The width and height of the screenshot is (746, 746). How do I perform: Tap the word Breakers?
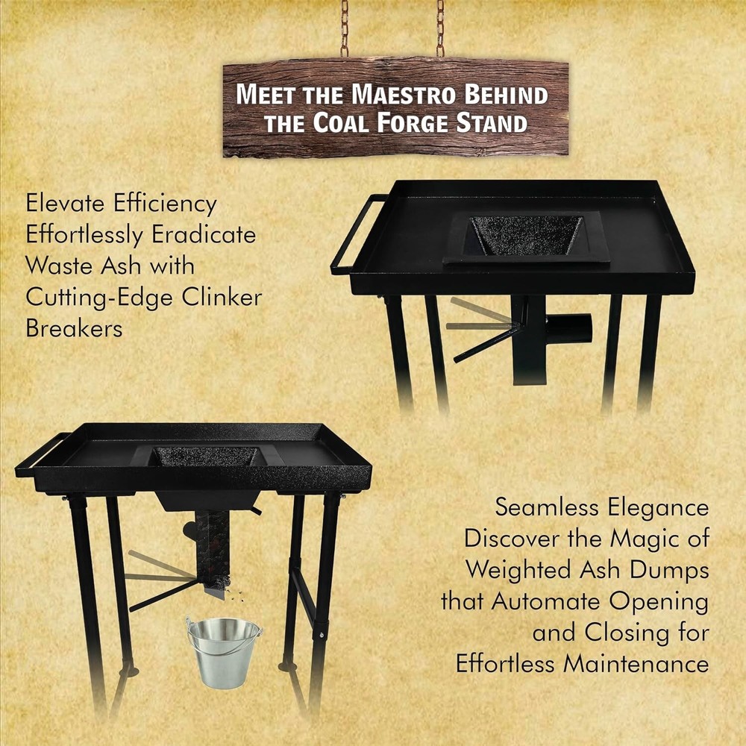coord(74,328)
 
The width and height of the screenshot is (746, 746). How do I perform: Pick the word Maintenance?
coord(633,663)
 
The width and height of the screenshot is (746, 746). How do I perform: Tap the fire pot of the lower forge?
coord(204,457)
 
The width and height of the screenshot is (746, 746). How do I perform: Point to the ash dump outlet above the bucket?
coord(216,589)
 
